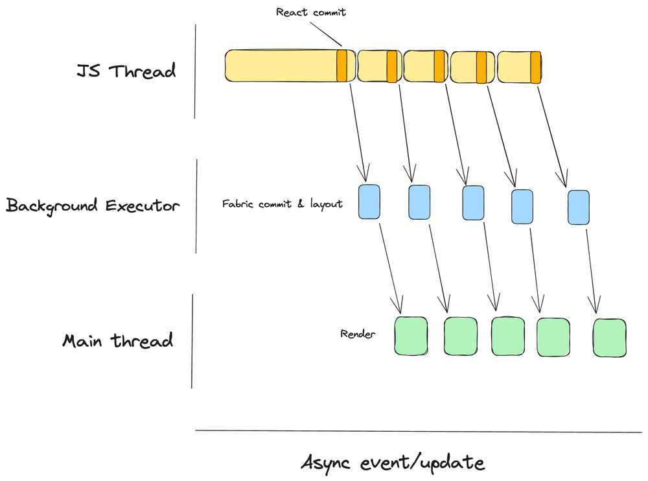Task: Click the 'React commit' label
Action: click(x=311, y=12)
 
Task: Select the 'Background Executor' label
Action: click(x=92, y=205)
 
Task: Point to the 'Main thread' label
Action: click(x=118, y=340)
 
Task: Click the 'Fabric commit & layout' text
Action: click(x=282, y=204)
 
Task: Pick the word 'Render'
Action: click(x=358, y=334)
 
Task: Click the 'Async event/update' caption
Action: click(x=393, y=463)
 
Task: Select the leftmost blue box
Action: click(x=369, y=202)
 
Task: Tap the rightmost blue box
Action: click(x=578, y=207)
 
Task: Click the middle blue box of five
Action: click(x=473, y=203)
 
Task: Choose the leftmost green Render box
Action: click(x=411, y=336)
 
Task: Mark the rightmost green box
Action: click(x=610, y=337)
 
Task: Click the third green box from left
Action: click(x=507, y=336)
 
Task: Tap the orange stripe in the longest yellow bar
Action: click(x=341, y=66)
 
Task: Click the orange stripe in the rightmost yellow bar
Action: click(x=535, y=67)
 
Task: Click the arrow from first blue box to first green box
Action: click(x=386, y=263)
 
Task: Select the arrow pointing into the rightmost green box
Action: click(x=589, y=266)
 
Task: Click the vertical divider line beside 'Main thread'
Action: click(x=192, y=340)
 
